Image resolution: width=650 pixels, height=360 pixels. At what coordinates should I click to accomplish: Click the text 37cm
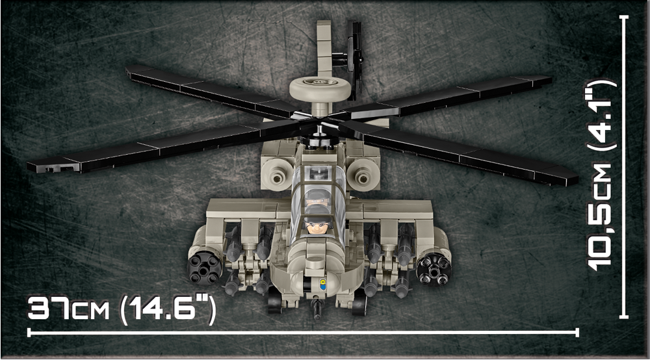(x=68, y=308)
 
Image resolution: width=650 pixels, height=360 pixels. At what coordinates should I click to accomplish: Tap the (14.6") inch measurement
(x=168, y=309)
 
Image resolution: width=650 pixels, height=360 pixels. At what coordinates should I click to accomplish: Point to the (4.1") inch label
(x=601, y=117)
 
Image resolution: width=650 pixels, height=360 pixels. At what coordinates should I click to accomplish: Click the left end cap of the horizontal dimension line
(x=29, y=332)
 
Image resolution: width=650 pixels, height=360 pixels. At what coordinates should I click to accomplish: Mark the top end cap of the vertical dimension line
(x=623, y=18)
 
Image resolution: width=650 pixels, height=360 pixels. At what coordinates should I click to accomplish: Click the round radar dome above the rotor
(x=320, y=88)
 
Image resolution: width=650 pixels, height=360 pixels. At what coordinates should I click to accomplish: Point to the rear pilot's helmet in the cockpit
(x=318, y=196)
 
